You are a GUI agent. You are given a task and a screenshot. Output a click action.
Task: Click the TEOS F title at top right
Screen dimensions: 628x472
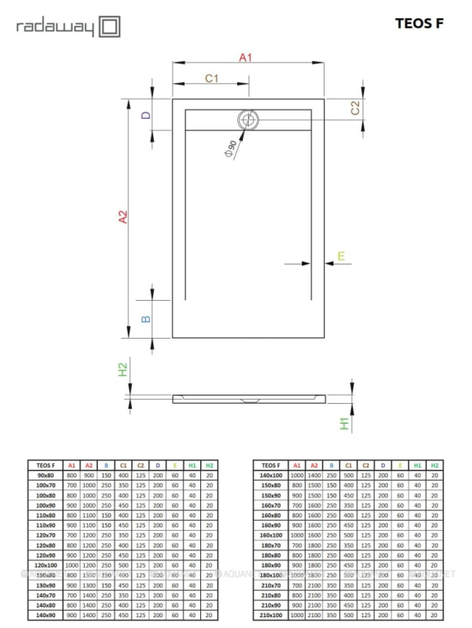coord(419,24)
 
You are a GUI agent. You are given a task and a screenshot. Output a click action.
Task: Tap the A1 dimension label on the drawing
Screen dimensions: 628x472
coord(245,57)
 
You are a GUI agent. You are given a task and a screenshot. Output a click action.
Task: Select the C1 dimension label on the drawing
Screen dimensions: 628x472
coord(211,78)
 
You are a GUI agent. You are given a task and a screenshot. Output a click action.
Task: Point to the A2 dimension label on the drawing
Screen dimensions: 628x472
coord(124,218)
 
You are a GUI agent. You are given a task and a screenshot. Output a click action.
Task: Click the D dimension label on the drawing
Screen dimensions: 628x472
coord(145,115)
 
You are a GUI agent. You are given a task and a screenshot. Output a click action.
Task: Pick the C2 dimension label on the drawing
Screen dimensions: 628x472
coord(356,107)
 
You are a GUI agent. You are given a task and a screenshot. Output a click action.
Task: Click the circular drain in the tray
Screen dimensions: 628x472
coord(248,120)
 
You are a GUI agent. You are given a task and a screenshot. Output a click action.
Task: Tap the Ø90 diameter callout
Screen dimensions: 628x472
coord(230,148)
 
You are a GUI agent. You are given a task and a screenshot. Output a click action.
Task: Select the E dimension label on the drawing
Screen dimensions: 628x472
coord(342,256)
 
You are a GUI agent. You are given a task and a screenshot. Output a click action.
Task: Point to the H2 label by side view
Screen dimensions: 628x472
coord(123,370)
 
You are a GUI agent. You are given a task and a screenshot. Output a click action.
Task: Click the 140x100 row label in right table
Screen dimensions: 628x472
coord(271,476)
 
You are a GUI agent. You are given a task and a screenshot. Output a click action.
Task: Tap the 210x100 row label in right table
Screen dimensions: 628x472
coord(271,614)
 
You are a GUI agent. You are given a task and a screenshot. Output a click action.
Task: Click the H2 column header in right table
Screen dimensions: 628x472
coord(435,465)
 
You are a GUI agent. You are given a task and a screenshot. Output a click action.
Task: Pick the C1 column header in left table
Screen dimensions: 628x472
coord(123,465)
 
